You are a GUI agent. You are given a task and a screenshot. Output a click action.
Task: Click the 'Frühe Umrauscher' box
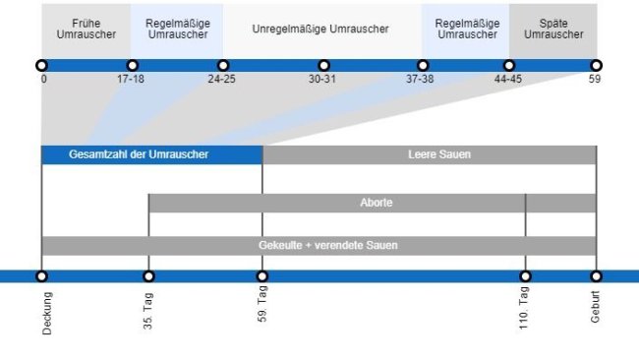86,29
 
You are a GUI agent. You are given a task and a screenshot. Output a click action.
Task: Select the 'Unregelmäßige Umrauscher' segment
320,29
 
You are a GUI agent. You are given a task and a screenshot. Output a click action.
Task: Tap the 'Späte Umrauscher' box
552,29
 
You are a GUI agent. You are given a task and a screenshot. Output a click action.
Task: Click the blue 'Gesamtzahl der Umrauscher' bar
151,154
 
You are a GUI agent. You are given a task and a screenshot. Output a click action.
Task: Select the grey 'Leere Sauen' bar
429,154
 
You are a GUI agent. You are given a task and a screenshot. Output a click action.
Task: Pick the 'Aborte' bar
372,203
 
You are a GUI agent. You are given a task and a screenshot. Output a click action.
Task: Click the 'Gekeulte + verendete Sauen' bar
319,245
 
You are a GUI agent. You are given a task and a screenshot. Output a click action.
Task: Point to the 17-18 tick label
131,79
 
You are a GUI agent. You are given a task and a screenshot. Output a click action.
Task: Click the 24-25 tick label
221,79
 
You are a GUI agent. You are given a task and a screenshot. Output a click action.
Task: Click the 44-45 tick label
508,79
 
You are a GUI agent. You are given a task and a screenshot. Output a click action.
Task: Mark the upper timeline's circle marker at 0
42,65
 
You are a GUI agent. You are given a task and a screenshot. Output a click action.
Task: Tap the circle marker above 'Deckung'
41,276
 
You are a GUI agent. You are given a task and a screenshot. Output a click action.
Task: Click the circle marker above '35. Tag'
148,276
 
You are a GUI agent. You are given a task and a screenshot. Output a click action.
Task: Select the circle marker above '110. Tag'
525,276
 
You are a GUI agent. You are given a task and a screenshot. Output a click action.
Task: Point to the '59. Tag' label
262,309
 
